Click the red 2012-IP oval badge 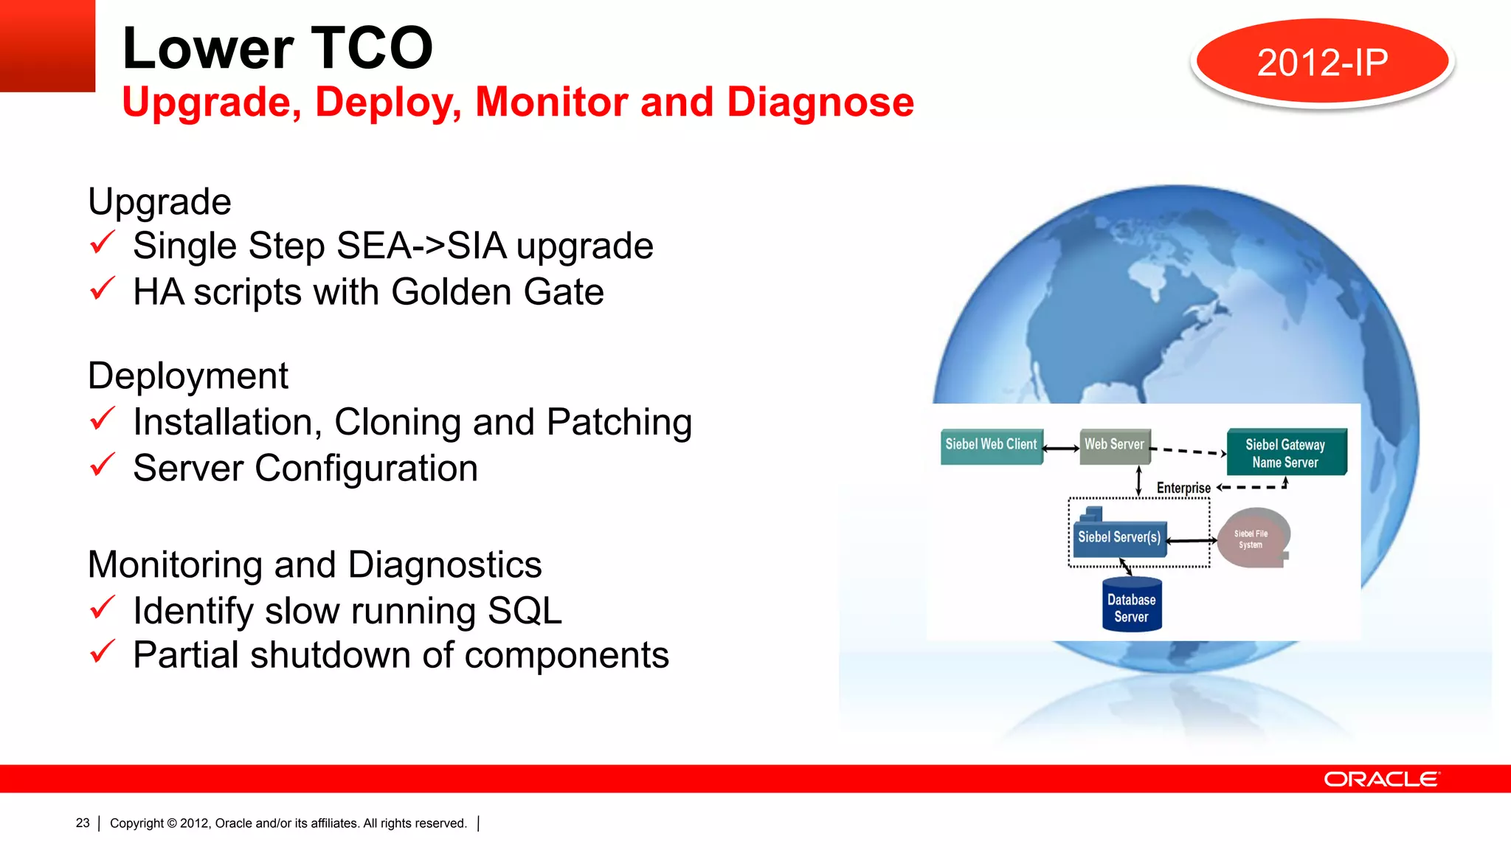1322,62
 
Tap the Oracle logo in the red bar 1381,779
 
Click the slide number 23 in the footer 83,823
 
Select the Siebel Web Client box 991,446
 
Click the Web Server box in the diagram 1114,446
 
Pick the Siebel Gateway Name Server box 1285,452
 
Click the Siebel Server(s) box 1118,537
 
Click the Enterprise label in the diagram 1183,488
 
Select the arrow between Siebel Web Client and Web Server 1061,448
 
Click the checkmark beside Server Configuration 102,465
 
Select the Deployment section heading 187,376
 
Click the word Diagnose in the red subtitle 820,102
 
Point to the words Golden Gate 497,292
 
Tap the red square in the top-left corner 47,45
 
